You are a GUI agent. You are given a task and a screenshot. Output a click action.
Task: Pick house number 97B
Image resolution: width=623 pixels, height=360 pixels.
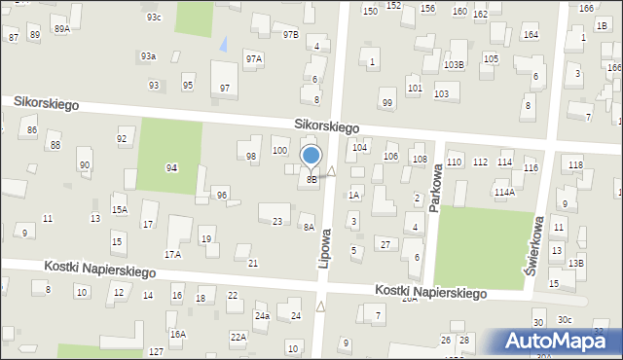(290, 35)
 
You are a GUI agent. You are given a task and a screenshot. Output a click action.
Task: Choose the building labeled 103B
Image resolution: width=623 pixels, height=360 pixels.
(454, 64)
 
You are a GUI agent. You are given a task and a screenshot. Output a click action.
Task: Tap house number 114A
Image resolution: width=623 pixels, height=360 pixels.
(503, 192)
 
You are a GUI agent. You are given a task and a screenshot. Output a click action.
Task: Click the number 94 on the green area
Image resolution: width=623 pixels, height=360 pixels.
(171, 167)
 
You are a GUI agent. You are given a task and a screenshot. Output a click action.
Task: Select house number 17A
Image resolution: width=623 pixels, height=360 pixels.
(172, 254)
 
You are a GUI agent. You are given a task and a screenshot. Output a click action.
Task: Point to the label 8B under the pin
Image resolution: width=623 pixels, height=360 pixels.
(311, 179)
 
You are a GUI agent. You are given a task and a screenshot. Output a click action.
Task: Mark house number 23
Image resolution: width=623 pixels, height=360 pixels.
(277, 222)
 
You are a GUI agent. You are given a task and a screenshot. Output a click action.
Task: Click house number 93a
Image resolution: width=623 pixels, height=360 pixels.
(148, 56)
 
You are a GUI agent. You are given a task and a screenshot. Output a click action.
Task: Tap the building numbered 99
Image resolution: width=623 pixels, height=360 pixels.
(387, 103)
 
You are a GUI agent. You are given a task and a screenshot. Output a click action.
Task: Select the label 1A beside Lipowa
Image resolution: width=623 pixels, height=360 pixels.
(354, 195)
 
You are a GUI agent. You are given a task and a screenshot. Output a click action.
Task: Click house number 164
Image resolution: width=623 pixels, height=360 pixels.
(531, 35)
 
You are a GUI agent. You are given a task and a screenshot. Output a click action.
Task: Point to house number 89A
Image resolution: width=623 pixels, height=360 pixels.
(62, 29)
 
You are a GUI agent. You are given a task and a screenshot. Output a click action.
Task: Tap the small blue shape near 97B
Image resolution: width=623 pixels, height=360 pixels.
(226, 43)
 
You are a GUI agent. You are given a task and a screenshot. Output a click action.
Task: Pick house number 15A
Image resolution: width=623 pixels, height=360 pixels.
(119, 209)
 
